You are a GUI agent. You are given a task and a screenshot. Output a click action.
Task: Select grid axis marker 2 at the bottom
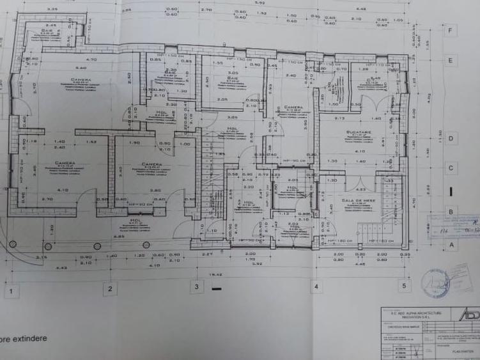click(x=110, y=289)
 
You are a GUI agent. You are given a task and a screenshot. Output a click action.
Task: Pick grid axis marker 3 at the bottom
click(x=197, y=286)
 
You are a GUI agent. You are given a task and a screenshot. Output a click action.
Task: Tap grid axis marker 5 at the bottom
click(x=403, y=285)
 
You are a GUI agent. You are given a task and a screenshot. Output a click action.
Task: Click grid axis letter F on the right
click(x=451, y=30)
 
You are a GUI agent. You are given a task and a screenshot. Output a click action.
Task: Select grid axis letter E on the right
click(x=451, y=61)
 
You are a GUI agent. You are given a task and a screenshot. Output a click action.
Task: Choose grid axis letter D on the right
click(x=451, y=138)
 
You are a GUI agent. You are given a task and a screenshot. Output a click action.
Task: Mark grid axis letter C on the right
click(x=451, y=169)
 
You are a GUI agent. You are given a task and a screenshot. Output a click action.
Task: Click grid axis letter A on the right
click(x=451, y=244)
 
